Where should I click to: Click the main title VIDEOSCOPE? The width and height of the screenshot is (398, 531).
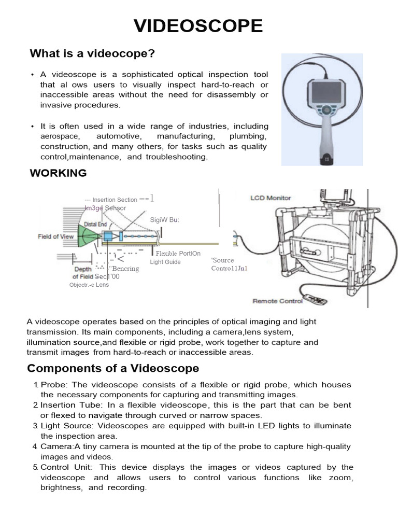pyautogui.click(x=198, y=26)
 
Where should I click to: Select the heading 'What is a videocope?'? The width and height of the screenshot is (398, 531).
pyautogui.click(x=93, y=54)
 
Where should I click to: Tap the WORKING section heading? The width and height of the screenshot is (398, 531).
pyautogui.click(x=58, y=173)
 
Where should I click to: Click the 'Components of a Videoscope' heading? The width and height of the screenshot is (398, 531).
pyautogui.click(x=112, y=369)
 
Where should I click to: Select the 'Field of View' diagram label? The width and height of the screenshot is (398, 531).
pyautogui.click(x=55, y=236)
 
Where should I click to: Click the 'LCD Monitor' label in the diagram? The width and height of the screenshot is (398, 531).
pyautogui.click(x=271, y=198)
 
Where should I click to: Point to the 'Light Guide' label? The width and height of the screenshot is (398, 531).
pyautogui.click(x=165, y=262)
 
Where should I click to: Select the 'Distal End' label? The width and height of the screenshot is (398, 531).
pyautogui.click(x=95, y=224)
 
